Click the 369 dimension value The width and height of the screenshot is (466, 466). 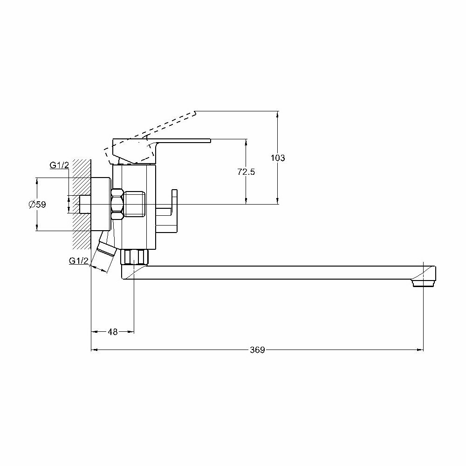(257, 349)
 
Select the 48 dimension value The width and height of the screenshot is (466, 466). (112, 332)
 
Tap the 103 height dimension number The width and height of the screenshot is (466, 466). (278, 158)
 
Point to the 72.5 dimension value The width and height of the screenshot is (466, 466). (246, 171)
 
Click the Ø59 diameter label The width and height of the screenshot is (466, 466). (37, 204)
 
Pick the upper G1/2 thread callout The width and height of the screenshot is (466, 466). (59, 165)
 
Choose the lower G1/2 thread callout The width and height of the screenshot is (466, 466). (79, 261)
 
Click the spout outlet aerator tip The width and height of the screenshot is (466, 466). (423, 282)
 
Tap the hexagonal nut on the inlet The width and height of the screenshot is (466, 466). (117, 204)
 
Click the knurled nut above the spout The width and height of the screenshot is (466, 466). (135, 257)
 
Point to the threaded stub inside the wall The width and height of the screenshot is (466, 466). (85, 204)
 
